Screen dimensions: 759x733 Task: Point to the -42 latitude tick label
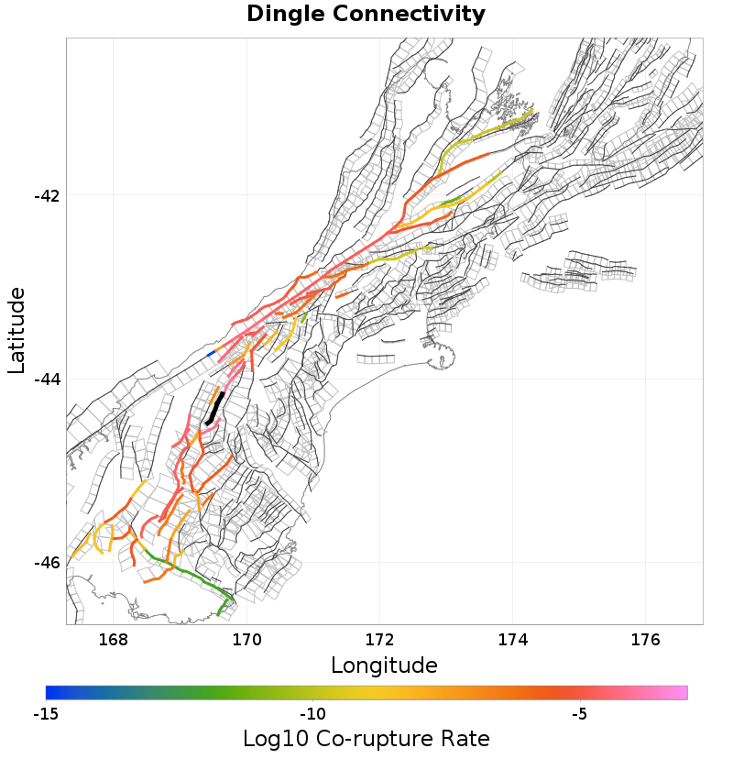point(46,196)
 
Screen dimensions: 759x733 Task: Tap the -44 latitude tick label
point(46,379)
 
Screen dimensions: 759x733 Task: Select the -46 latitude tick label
point(46,563)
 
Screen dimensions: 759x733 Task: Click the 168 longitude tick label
point(114,640)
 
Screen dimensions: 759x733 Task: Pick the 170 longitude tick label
point(246,640)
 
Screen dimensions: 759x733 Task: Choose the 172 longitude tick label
point(380,640)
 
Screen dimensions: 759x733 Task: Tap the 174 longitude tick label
point(513,640)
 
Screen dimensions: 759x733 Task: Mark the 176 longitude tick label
point(647,640)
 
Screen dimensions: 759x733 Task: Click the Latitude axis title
point(16,330)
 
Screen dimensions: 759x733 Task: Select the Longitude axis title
point(384,665)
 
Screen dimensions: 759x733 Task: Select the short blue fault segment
point(212,353)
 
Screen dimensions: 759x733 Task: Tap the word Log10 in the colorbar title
point(273,739)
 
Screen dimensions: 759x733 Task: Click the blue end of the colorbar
point(51,692)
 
